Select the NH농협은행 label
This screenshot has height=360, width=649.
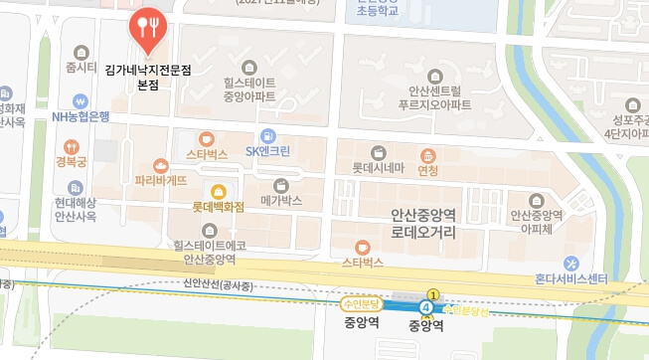[81, 116]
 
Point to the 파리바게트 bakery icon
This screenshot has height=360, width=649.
[161, 166]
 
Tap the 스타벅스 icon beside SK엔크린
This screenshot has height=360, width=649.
[207, 139]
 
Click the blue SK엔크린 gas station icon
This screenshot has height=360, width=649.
[268, 136]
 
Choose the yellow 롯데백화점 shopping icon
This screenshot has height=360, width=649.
[219, 191]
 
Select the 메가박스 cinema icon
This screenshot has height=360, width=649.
[280, 185]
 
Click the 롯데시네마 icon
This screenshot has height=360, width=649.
[378, 152]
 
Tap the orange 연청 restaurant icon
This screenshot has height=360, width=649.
[427, 155]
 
